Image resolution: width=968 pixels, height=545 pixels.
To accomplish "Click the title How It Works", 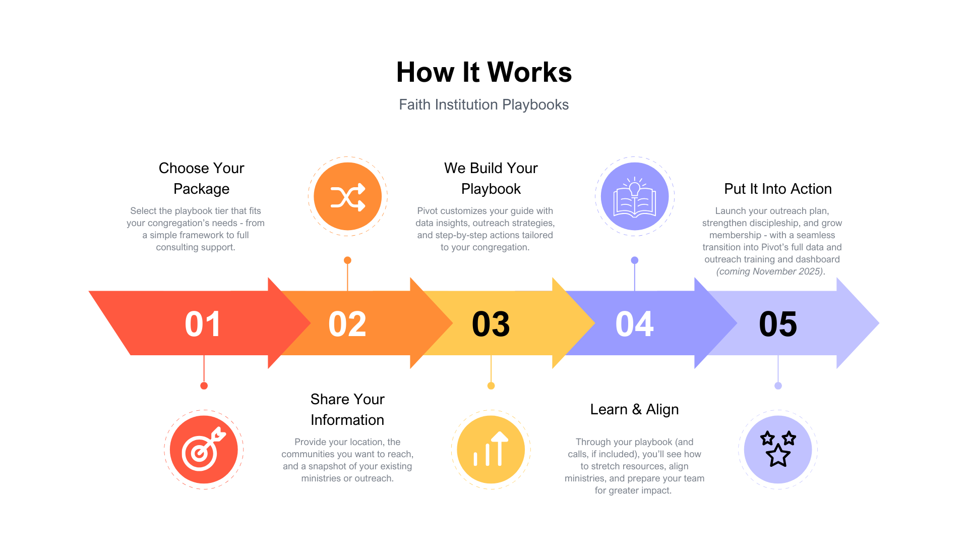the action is click(484, 72).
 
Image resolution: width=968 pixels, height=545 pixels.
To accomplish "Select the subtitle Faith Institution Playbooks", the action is click(484, 104).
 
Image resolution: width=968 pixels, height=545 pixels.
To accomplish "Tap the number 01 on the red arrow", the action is click(203, 323).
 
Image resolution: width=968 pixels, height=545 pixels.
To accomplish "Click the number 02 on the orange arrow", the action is click(347, 323).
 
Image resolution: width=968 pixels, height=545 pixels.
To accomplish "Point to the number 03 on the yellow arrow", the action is click(491, 323).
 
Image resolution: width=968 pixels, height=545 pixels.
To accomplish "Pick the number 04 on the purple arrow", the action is click(634, 323).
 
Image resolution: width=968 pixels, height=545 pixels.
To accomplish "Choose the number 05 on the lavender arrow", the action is click(778, 323).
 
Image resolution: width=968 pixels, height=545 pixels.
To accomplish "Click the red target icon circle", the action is click(204, 450).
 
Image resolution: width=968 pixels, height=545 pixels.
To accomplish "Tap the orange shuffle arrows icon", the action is click(347, 196).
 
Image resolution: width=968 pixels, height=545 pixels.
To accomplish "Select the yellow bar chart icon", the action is click(491, 450).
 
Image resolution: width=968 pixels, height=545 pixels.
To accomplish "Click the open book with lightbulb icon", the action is click(635, 196).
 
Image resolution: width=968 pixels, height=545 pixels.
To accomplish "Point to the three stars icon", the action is click(778, 450).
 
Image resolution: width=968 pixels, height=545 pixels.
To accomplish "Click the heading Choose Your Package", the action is click(201, 178).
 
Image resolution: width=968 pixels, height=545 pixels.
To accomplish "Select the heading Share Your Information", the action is click(347, 409).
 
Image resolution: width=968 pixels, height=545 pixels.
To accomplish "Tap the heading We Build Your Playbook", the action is click(491, 178).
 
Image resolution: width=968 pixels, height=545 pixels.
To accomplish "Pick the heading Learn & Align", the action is click(634, 409).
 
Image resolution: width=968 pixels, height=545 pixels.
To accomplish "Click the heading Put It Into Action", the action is click(777, 189).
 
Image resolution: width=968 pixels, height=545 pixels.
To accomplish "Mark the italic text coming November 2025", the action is click(770, 271).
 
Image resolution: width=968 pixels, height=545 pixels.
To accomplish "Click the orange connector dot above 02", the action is click(347, 260).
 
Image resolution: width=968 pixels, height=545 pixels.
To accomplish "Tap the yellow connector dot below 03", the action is click(491, 386).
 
